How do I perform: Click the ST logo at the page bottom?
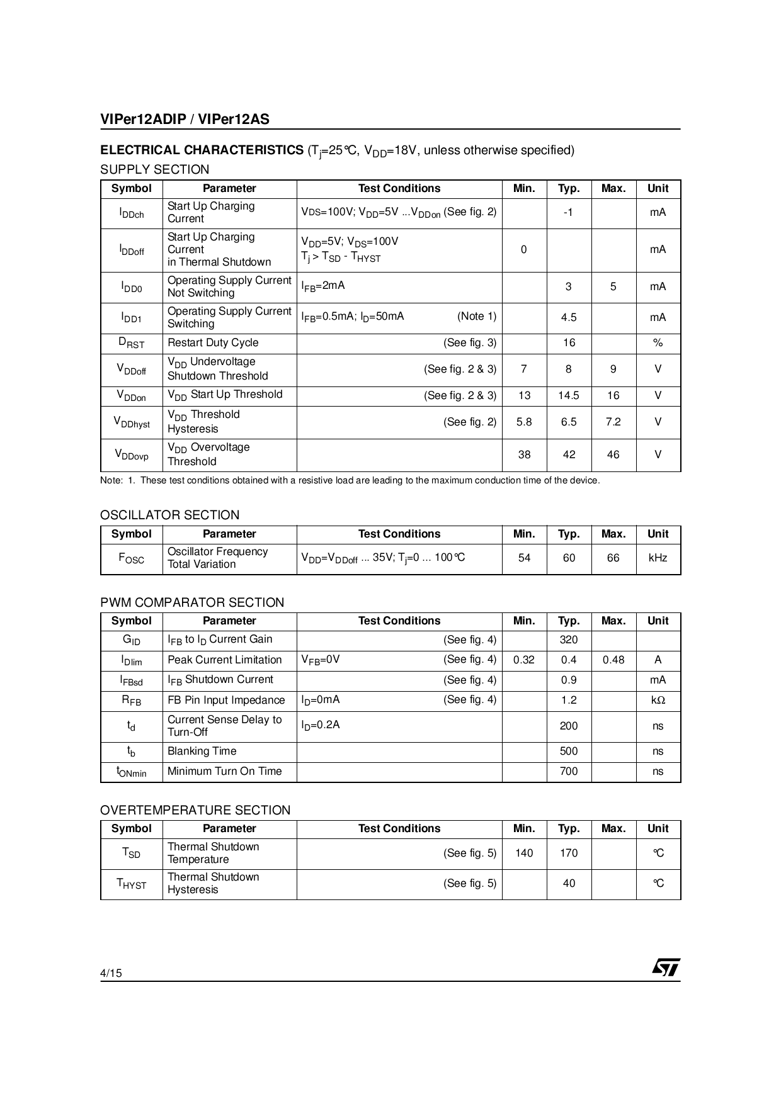(x=666, y=967)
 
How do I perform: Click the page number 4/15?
(x=111, y=973)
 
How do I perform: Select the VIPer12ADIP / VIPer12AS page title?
(x=185, y=120)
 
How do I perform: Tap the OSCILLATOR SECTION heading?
(x=170, y=515)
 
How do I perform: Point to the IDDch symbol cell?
(x=132, y=213)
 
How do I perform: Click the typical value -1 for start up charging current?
(x=568, y=213)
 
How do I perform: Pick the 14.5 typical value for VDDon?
(x=568, y=395)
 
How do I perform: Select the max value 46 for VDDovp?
(x=613, y=454)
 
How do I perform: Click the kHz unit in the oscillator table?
(x=658, y=558)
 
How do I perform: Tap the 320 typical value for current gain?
(x=568, y=639)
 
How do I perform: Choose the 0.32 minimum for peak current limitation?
(x=523, y=660)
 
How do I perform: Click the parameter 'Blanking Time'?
(x=202, y=751)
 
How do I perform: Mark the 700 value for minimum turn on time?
(x=568, y=771)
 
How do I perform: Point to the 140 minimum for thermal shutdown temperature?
(x=523, y=853)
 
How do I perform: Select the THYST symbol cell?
(x=132, y=883)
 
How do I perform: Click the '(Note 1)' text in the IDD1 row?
(x=477, y=316)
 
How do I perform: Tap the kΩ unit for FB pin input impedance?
(x=658, y=700)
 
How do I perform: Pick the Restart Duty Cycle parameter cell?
(x=213, y=342)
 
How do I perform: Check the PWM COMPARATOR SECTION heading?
(x=192, y=602)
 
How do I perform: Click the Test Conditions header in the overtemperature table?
(x=399, y=828)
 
